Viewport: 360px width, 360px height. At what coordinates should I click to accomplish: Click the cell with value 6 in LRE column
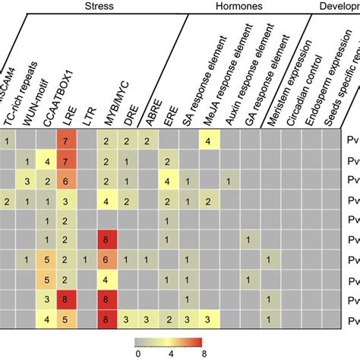click(66, 180)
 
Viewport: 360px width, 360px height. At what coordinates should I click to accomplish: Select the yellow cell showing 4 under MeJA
click(207, 141)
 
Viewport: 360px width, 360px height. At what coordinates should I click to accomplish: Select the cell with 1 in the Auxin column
click(227, 180)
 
